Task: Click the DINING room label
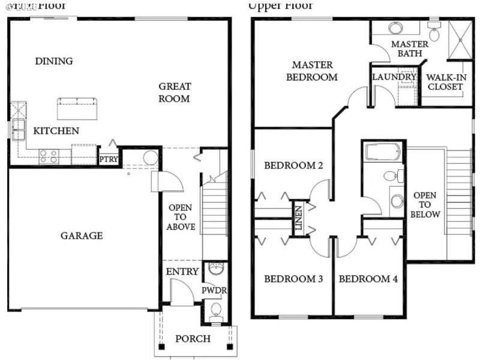(54, 61)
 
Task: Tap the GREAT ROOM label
(174, 92)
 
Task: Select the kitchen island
(76, 109)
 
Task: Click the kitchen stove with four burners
(49, 157)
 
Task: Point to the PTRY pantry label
(109, 160)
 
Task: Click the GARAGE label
(82, 236)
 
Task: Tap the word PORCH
(193, 339)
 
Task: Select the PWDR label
(214, 290)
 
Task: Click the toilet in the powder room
(216, 310)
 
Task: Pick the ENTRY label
(182, 272)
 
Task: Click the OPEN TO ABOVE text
(181, 217)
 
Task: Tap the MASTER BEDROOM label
(311, 71)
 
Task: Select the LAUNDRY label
(394, 77)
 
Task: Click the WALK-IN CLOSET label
(445, 82)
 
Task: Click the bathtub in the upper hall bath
(383, 151)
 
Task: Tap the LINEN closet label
(298, 219)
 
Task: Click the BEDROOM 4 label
(368, 279)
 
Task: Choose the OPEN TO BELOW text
(426, 205)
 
